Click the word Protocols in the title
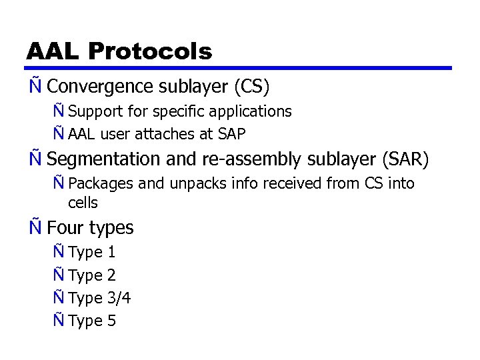(150, 51)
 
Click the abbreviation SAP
(231, 134)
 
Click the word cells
(83, 203)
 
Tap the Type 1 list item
(92, 252)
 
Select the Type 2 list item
(92, 275)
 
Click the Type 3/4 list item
(99, 298)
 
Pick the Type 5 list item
(92, 321)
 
